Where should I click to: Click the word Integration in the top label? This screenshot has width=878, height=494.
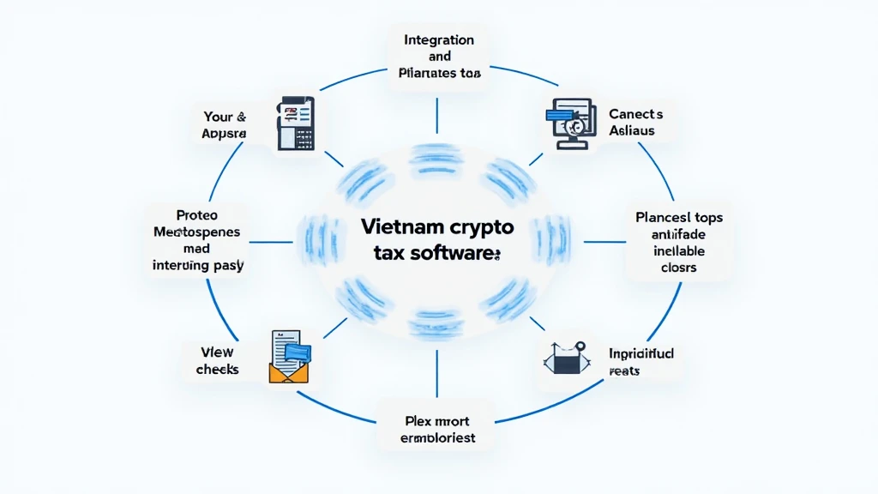click(x=438, y=39)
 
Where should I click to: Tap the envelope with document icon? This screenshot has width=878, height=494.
click(x=290, y=356)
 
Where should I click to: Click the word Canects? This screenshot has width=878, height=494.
click(x=635, y=113)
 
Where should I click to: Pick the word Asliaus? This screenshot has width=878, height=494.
click(x=632, y=130)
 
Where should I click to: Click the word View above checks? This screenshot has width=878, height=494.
click(x=217, y=352)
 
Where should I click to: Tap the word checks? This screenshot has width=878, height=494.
click(x=217, y=369)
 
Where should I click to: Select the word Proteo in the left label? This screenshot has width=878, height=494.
click(x=198, y=214)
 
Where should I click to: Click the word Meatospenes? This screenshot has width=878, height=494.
click(x=198, y=232)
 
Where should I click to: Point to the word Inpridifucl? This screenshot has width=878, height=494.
click(x=642, y=353)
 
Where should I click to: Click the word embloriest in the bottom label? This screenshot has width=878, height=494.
click(x=437, y=437)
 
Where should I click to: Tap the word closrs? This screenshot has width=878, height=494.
click(x=678, y=267)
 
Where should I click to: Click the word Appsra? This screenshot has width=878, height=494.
click(x=224, y=134)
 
